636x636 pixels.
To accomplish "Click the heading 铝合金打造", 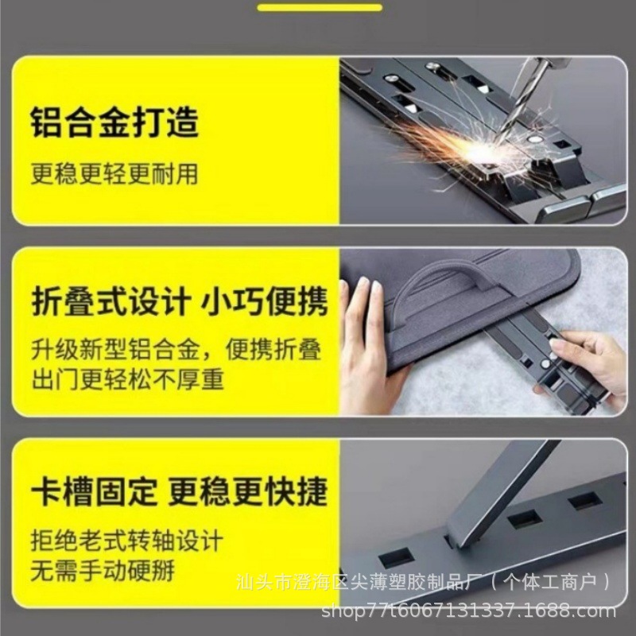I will pos(114,123).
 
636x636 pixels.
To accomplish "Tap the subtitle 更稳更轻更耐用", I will pos(114,173).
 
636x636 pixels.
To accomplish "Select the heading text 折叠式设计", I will pos(111,302).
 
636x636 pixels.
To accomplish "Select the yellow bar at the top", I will pos(319,8).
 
